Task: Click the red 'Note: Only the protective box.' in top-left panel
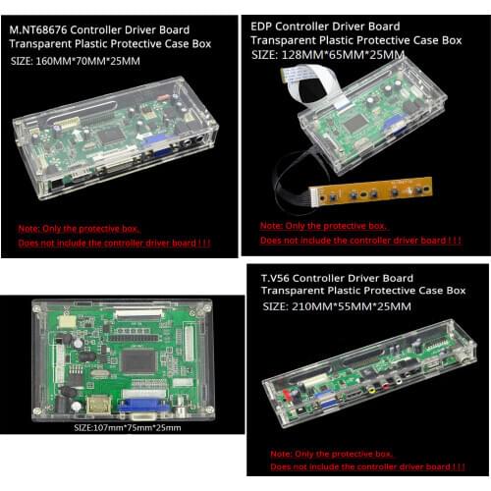(x=79, y=229)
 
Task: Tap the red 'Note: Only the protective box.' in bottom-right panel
(x=332, y=454)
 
